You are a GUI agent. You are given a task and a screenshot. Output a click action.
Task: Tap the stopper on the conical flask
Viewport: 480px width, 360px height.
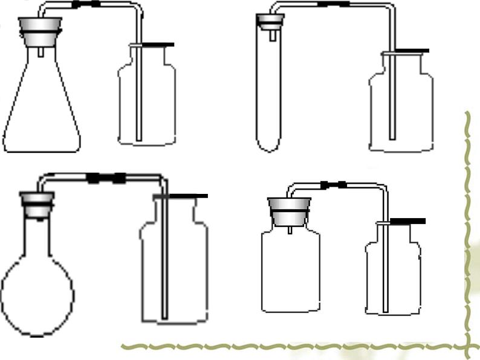coord(41,28)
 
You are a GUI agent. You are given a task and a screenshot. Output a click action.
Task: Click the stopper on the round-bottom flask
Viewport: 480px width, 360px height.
coord(37,202)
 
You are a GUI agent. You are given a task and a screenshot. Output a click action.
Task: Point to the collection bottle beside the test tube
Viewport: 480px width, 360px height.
coord(401,106)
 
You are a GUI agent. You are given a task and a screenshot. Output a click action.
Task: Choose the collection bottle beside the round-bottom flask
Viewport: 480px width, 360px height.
coord(174,266)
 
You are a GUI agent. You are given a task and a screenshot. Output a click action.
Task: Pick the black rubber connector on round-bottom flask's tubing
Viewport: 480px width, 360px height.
coord(106,178)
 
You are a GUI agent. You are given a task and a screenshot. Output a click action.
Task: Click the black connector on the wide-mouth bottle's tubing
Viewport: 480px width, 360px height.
coord(333,184)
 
